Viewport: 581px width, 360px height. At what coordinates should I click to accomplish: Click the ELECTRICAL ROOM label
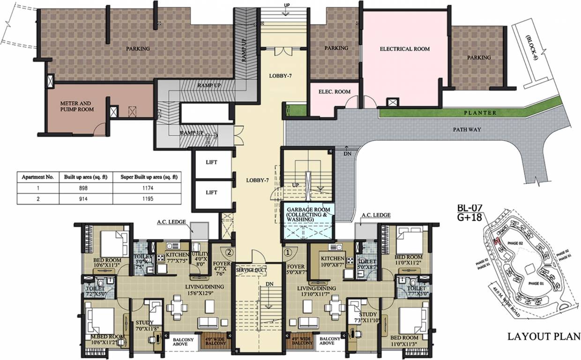point(404,49)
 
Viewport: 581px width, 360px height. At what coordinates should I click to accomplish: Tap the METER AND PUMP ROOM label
point(76,106)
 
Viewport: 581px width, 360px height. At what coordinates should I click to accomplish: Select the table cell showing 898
point(83,188)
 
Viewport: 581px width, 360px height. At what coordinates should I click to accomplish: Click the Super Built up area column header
point(149,177)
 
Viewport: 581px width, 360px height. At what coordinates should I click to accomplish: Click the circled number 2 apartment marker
point(229,252)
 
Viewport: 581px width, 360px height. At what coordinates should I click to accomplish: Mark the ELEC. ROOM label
point(335,92)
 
